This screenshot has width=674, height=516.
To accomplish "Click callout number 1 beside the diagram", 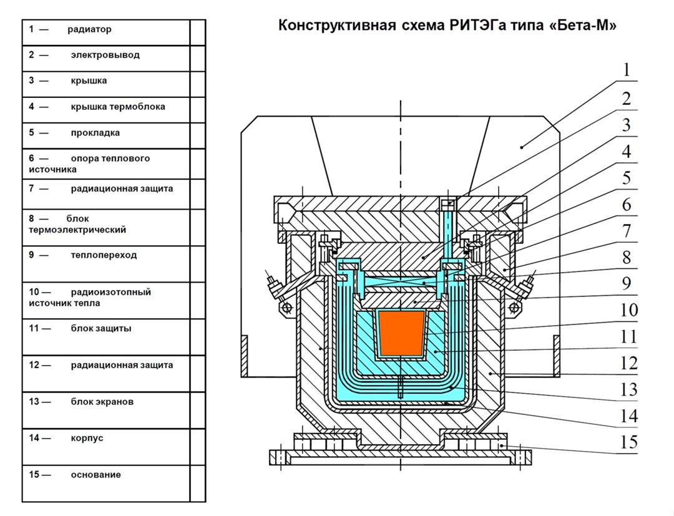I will pos(626,70).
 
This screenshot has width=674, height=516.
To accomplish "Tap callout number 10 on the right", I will pos(626,310).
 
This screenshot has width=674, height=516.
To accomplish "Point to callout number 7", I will pos(626,231).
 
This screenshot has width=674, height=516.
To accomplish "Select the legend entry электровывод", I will pos(105,55).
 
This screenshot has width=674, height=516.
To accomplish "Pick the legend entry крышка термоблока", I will pos(118,107).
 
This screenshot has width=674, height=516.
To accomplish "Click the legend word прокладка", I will pos(95,133).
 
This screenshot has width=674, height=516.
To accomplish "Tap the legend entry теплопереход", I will pos(104,255).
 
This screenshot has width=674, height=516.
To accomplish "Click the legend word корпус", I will pos(87,438).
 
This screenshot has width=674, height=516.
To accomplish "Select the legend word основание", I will pos(95,475).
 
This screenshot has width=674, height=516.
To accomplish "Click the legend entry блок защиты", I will pos(100,329).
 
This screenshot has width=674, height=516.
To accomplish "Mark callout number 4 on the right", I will pos(626,152).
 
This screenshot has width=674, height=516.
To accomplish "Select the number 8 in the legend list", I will pos(32,219).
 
